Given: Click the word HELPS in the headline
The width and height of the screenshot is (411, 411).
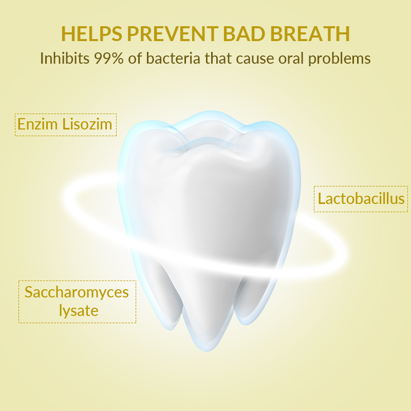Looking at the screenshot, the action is tap(92, 33).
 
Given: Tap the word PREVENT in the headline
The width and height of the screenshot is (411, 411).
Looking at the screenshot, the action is tap(173, 33).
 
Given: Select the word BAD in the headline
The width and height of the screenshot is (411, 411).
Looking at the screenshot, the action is tap(244, 33).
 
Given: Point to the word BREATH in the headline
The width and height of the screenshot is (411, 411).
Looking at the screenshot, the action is tap(310, 33).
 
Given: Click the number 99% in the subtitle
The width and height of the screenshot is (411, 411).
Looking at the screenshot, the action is tap(109, 58).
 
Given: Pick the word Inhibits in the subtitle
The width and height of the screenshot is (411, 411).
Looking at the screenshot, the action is tap(65, 58).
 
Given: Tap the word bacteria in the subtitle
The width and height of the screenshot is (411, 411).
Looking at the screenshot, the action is tap(173, 58).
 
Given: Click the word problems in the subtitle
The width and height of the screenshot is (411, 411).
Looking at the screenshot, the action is tap(340, 59).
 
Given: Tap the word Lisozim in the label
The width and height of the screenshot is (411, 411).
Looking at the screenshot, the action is tap(87, 124).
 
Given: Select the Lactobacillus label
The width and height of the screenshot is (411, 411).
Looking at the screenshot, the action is tap(361, 198).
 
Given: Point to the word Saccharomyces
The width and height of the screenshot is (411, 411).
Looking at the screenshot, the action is tap(77, 292).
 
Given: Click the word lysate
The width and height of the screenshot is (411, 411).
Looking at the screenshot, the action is tap(79, 311).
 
